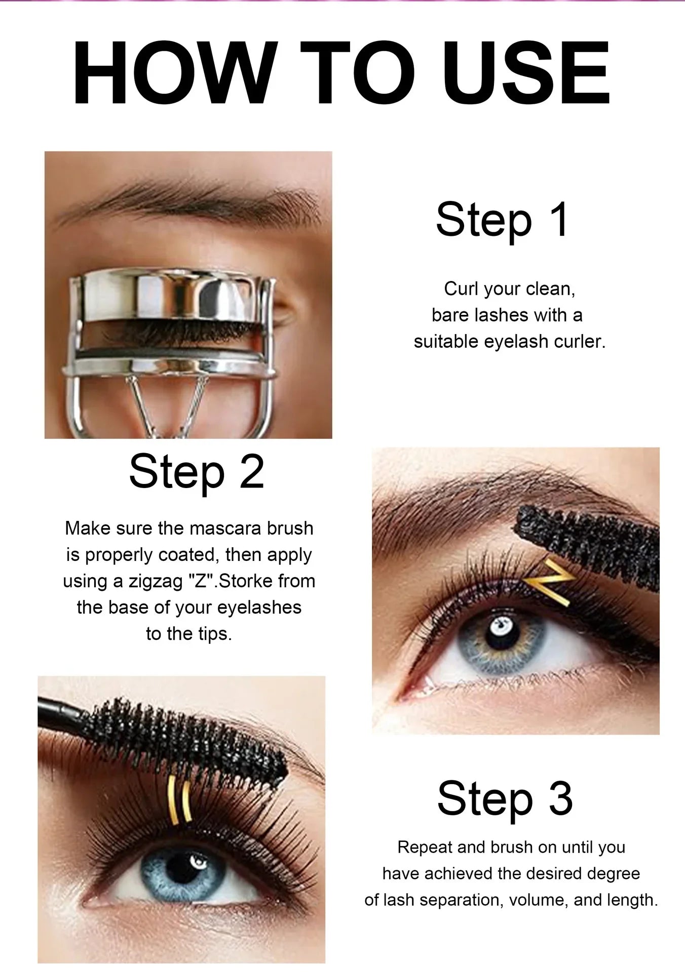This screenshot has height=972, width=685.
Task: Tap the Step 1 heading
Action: pos(503,221)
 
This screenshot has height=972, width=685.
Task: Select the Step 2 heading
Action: pos(197,472)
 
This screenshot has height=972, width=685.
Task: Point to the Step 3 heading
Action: pos(505,798)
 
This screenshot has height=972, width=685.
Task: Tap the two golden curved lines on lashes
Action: pos(179,802)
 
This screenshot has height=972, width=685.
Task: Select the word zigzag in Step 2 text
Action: pos(155,582)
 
